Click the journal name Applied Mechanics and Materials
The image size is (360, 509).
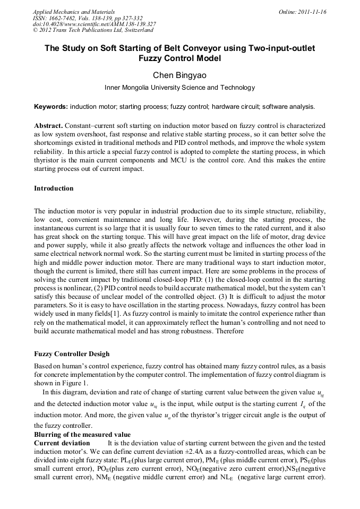[x=73, y=11]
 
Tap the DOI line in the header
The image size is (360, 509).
[x=94, y=24]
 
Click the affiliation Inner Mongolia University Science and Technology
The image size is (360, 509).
[x=179, y=88]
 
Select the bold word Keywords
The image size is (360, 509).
[x=50, y=106]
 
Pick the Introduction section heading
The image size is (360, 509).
[x=54, y=188]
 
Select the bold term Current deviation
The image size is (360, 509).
[x=62, y=443]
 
